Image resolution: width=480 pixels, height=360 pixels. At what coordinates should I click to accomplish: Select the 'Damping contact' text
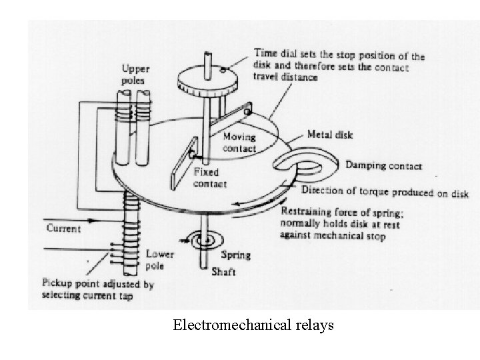pyautogui.click(x=383, y=166)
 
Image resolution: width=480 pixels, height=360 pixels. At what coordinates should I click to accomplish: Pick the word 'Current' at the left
pyautogui.click(x=64, y=229)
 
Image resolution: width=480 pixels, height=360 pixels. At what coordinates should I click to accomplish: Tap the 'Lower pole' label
pyautogui.click(x=161, y=259)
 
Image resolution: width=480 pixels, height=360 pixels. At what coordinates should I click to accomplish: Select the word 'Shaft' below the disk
pyautogui.click(x=225, y=271)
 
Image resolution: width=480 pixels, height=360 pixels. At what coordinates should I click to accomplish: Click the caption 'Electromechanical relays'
pyautogui.click(x=253, y=326)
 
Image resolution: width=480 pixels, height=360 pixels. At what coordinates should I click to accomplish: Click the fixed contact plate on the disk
pyautogui.click(x=181, y=163)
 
